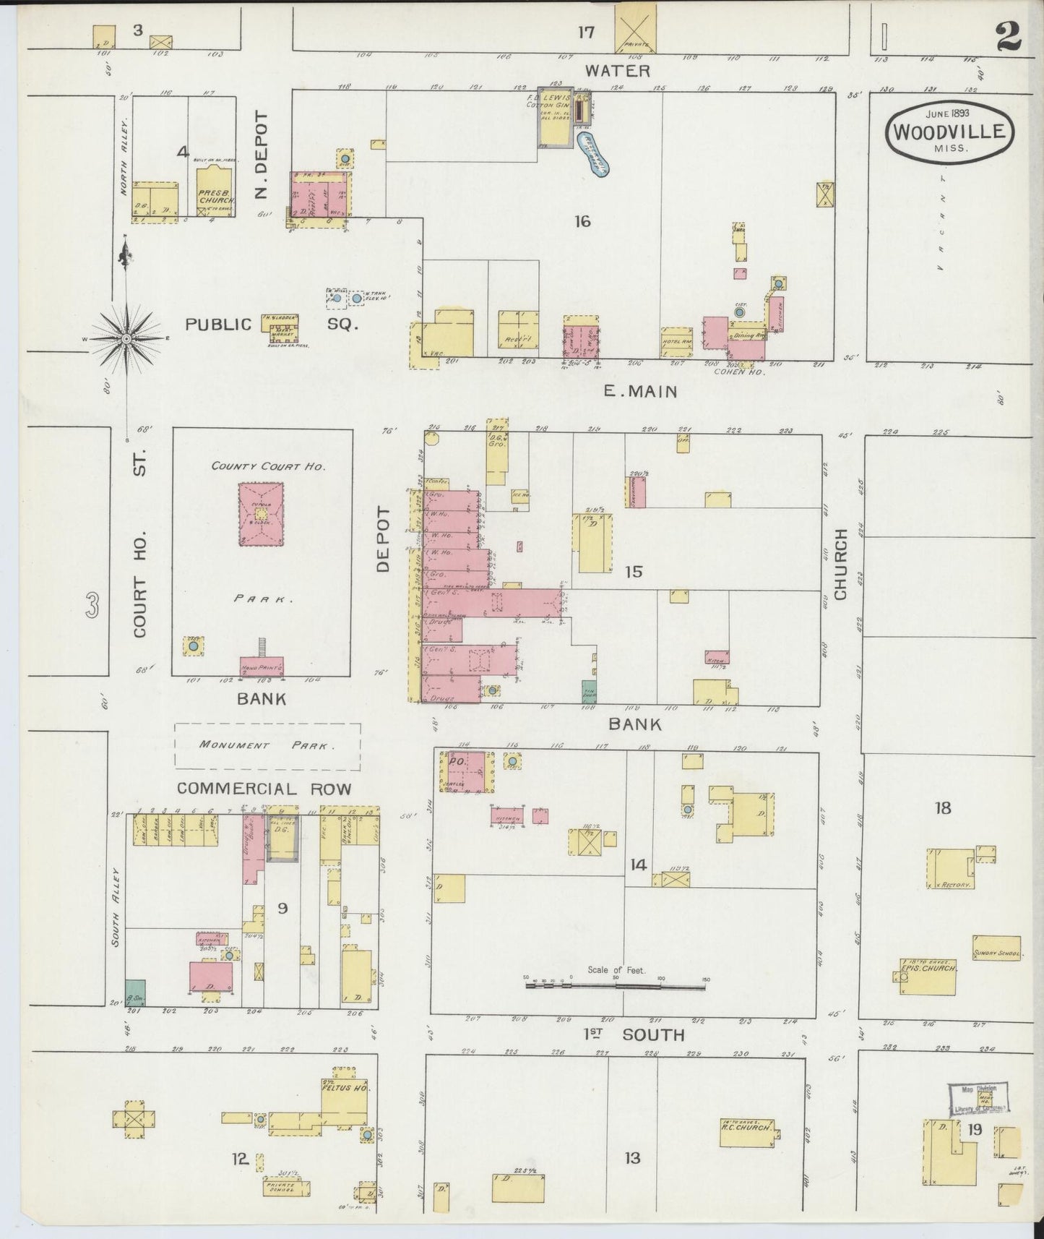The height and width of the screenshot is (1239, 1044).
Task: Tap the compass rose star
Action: pyautogui.click(x=126, y=338)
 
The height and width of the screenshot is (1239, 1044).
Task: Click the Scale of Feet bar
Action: pyautogui.click(x=616, y=985)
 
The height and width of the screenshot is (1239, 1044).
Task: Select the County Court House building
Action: pyautogui.click(x=261, y=514)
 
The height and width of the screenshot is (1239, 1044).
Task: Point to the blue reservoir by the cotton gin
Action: pyautogui.click(x=597, y=153)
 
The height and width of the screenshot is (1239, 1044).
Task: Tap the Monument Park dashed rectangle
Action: pyautogui.click(x=267, y=745)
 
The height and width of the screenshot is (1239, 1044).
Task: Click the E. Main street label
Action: pyautogui.click(x=642, y=392)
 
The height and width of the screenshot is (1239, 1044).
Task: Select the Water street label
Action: pyautogui.click(x=617, y=71)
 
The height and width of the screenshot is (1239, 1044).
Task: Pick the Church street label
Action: pyautogui.click(x=840, y=563)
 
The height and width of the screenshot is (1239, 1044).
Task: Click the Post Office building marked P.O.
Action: pyautogui.click(x=466, y=772)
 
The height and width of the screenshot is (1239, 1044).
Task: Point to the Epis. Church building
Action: pyautogui.click(x=928, y=976)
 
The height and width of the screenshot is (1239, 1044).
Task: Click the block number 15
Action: pyautogui.click(x=634, y=572)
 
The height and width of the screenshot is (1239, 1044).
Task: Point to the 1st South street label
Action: pyautogui.click(x=634, y=1035)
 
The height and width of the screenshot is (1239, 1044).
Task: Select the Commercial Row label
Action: pyautogui.click(x=264, y=789)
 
